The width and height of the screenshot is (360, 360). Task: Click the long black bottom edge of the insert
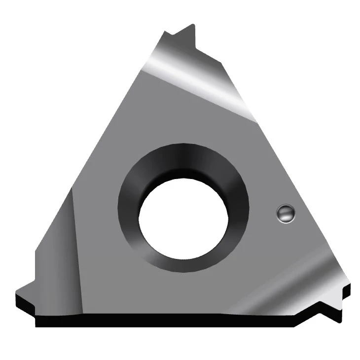pos(173,321)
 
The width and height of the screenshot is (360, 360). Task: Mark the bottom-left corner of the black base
pos(37,325)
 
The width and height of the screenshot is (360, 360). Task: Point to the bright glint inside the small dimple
pos(283,211)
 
